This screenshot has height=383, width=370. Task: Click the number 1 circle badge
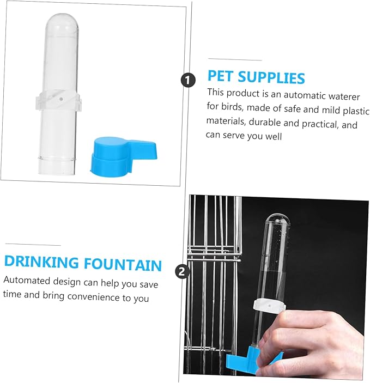(188, 81)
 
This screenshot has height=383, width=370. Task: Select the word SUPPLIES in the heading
(272, 77)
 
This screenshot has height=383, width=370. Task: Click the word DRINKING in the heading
(41, 263)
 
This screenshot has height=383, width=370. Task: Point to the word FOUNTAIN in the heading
(123, 264)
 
